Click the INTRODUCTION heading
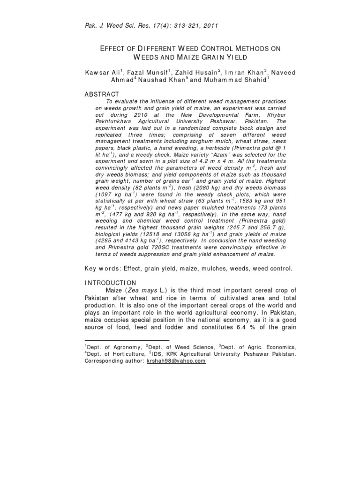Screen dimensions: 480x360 pos(110,283)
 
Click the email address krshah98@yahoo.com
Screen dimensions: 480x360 pos(176,361)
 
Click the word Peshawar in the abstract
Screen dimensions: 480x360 pos(193,121)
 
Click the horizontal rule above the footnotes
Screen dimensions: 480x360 pos(126,340)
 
